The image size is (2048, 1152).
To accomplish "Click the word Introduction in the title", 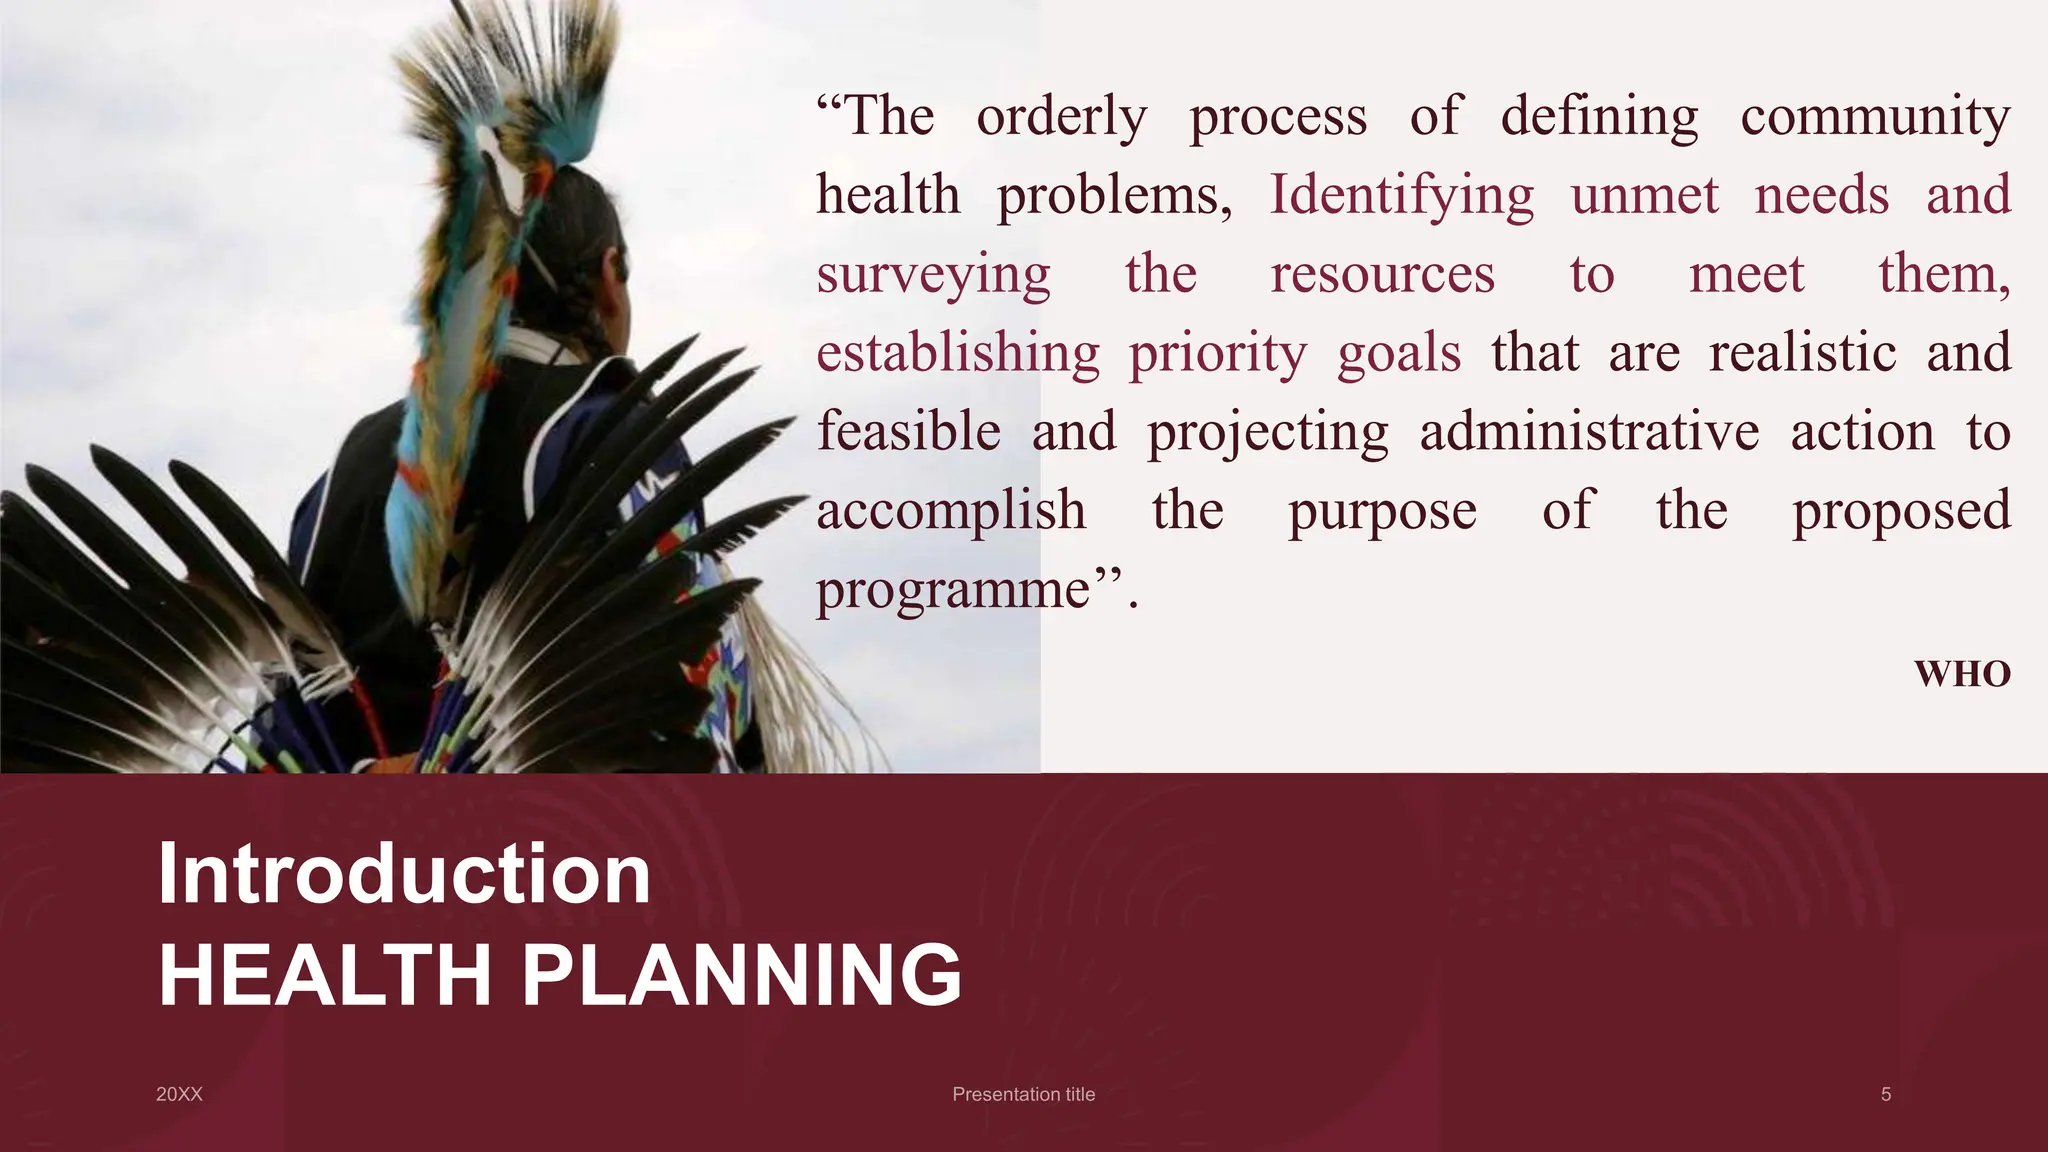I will tap(404, 874).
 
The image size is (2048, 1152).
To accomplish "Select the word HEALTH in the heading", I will tap(325, 975).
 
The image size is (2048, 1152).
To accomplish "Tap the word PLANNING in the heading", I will tap(741, 975).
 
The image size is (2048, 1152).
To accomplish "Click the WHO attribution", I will tap(1962, 674).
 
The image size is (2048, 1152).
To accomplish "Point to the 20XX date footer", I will tap(179, 1094).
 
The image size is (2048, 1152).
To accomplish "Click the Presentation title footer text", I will tap(1023, 1094).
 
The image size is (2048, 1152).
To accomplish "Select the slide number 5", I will tap(1886, 1094).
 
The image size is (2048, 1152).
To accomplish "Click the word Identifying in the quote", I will tap(1401, 196).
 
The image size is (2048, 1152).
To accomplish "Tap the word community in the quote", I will tap(1875, 117).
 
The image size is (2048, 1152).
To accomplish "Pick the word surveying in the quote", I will tap(933, 275).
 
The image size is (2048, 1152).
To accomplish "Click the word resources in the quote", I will tap(1382, 275).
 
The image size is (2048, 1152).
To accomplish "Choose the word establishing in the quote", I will tap(958, 353).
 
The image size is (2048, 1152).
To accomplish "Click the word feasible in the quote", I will tap(909, 432).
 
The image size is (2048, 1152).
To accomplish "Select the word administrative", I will tap(1589, 432).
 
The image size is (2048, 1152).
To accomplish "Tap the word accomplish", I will tap(951, 510).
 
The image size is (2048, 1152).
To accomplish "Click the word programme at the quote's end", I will tap(952, 590).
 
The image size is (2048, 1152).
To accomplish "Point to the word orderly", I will tap(1061, 117).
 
